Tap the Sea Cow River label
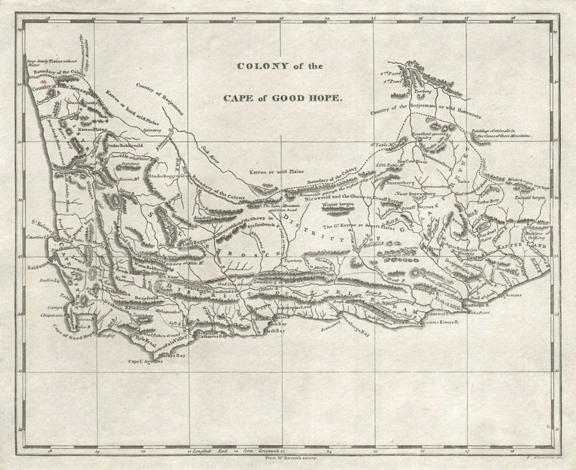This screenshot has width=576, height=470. click(413, 162)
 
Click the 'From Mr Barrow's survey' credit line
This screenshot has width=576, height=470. click(289, 457)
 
